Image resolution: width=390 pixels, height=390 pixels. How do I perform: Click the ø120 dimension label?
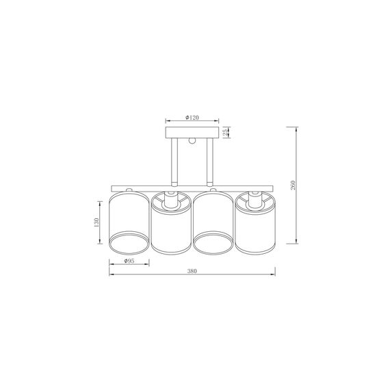click(x=191, y=118)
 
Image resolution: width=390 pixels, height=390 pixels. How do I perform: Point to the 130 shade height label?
click(x=99, y=223)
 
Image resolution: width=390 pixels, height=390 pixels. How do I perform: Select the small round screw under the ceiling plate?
click(x=192, y=142)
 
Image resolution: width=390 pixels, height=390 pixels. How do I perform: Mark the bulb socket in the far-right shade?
click(x=255, y=200)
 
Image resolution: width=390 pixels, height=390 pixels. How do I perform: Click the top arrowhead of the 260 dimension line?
click(x=296, y=129)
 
